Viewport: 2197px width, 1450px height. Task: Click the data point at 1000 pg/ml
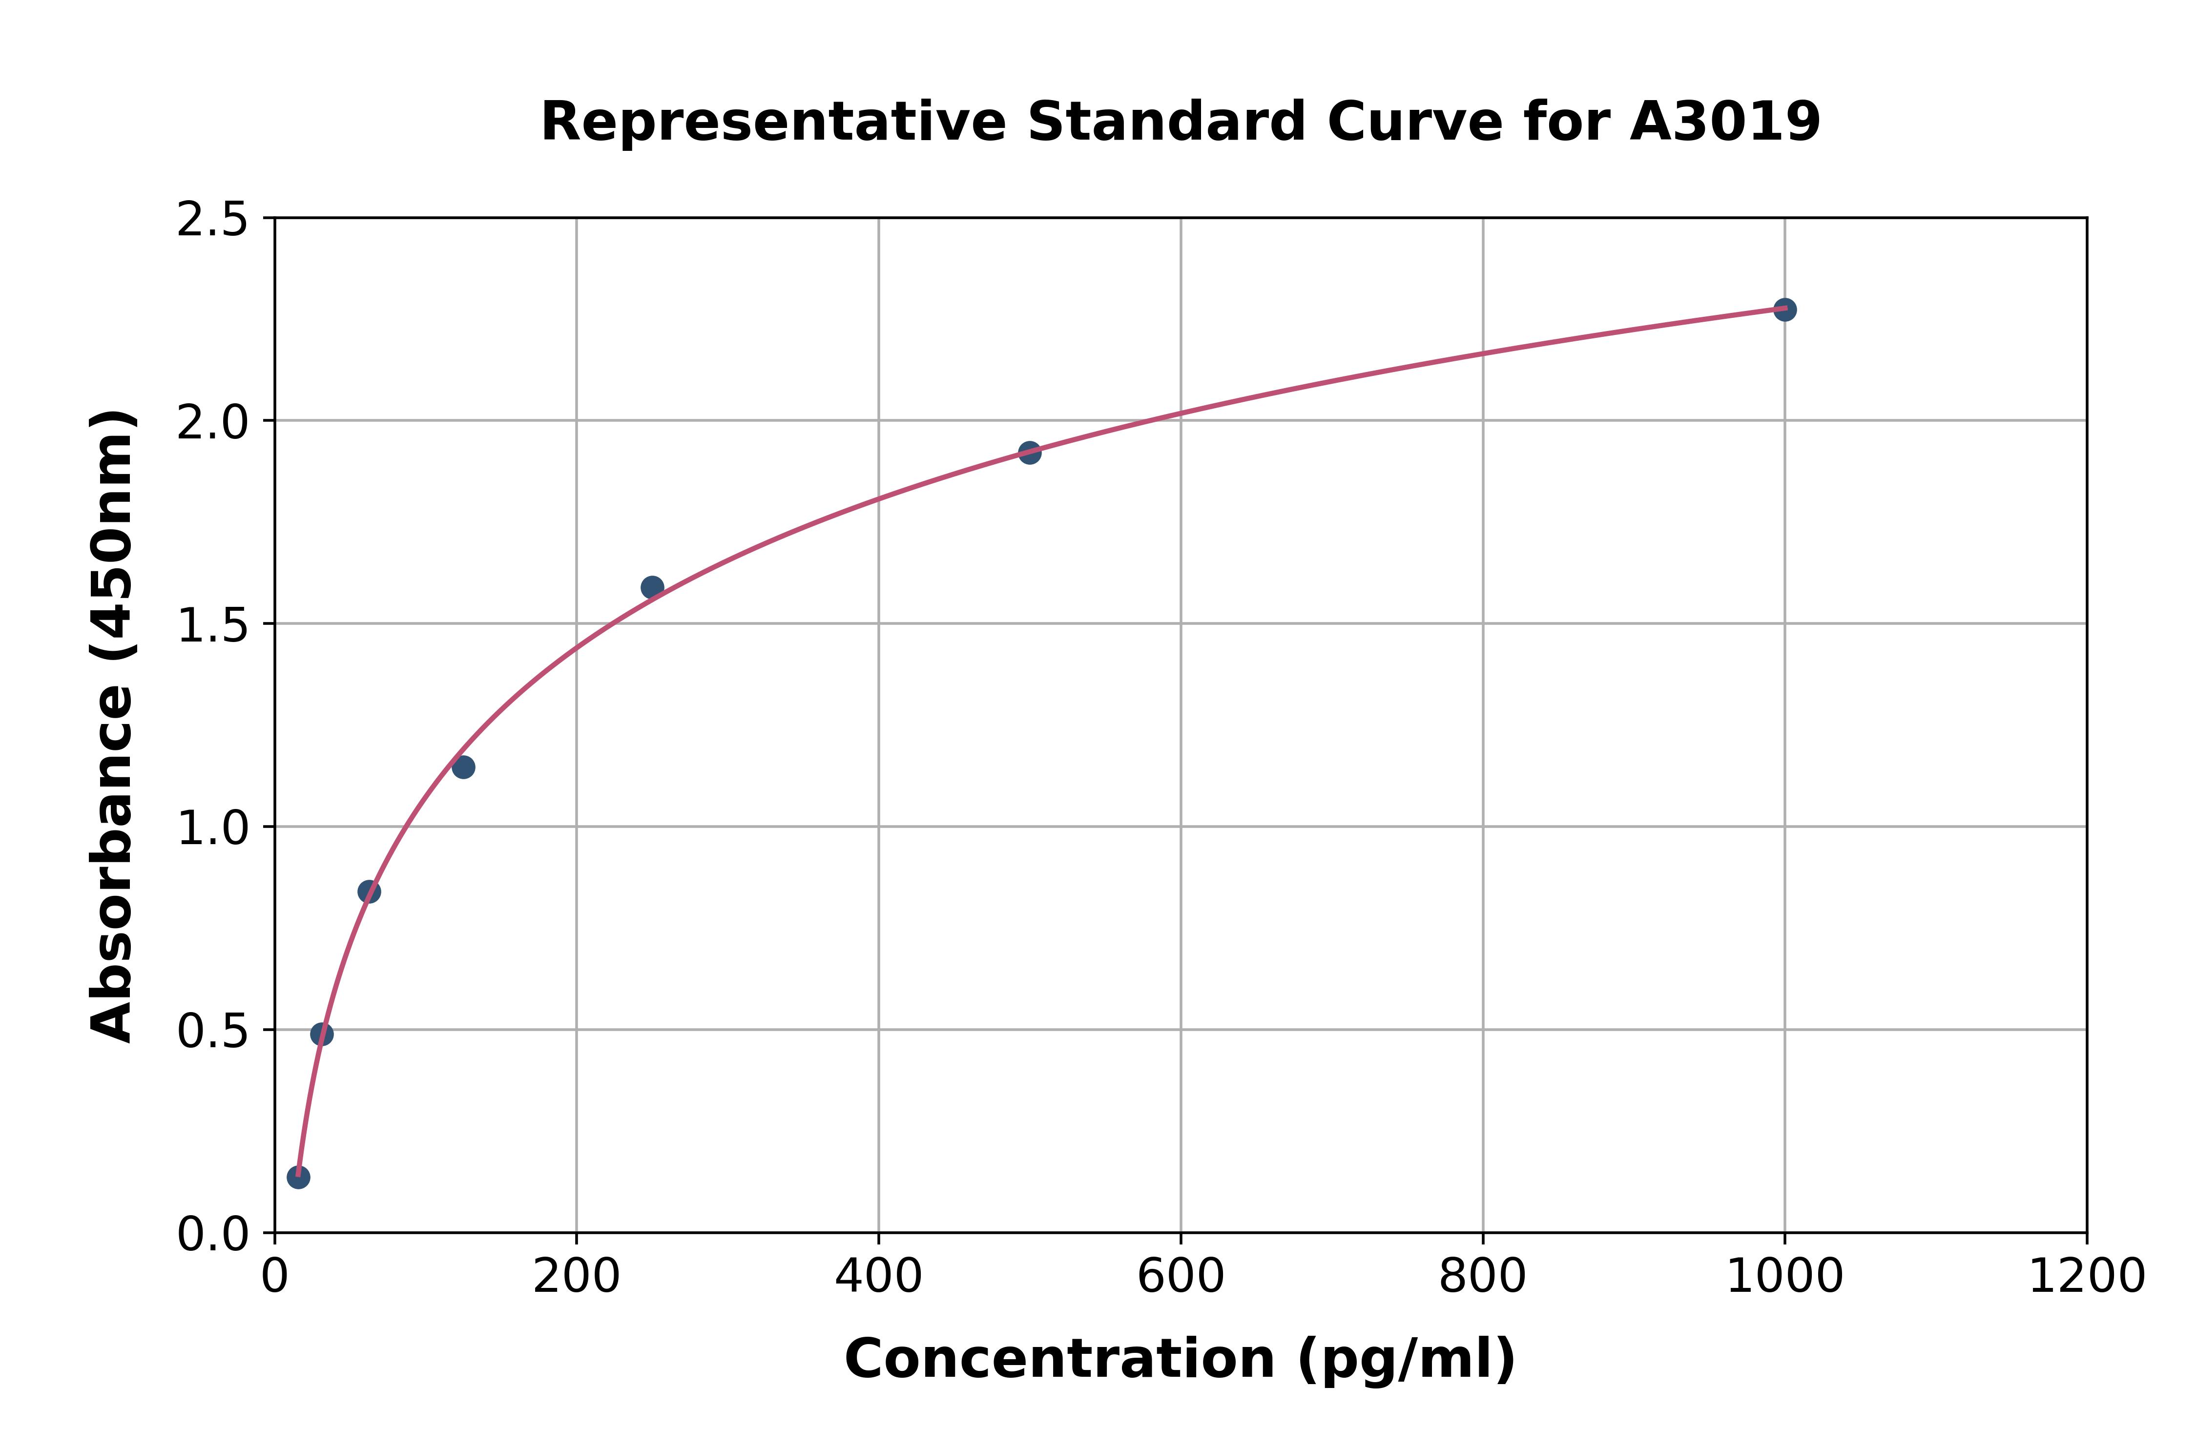click(1784, 310)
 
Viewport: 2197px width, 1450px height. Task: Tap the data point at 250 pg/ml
click(652, 587)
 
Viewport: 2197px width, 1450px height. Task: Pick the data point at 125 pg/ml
click(463, 766)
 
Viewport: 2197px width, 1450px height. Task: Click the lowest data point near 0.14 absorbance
click(298, 1177)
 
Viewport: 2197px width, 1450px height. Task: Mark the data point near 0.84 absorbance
click(369, 891)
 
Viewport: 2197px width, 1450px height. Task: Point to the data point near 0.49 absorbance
click(322, 1034)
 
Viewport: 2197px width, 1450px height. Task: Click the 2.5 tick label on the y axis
click(213, 220)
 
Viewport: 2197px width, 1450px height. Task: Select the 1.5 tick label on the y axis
click(213, 626)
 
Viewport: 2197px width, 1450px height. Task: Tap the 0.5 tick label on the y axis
click(213, 1032)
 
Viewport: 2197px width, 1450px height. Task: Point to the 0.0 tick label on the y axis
click(213, 1235)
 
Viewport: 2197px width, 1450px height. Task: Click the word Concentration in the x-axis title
click(1059, 1359)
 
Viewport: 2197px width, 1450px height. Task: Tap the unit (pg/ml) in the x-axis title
click(1406, 1359)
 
